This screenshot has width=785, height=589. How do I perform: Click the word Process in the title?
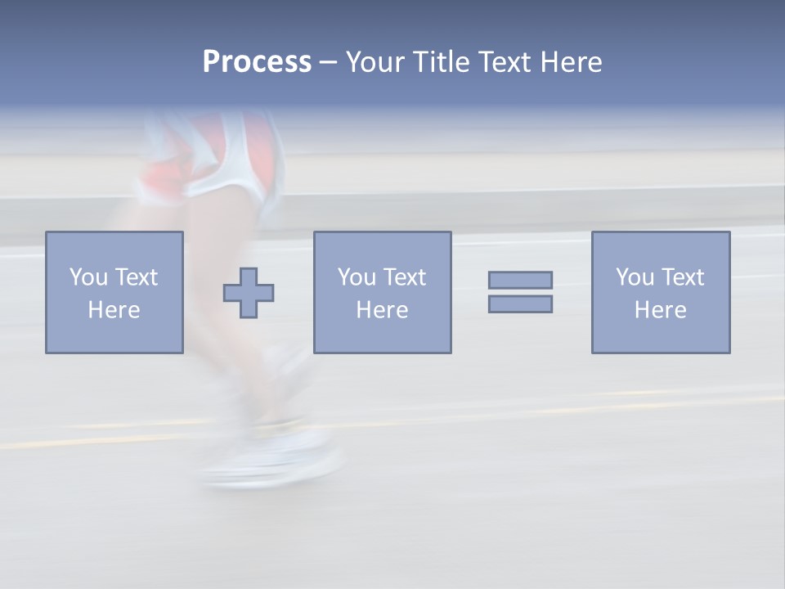coord(257,62)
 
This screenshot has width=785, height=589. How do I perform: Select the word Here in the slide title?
coord(572,62)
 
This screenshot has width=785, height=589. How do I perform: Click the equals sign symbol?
coord(520,292)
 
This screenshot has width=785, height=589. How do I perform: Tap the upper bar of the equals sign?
coord(520,280)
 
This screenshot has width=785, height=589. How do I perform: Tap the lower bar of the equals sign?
coord(520,303)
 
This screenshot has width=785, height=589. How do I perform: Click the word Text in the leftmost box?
coord(136,277)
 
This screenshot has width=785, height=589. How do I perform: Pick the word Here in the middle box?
coord(382,310)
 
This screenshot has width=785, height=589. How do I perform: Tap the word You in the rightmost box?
coord(635,277)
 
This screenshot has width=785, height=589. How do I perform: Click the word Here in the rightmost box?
coord(660,310)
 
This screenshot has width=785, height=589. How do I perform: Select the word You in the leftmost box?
coord(88,277)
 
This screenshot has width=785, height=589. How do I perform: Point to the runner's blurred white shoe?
coord(274,462)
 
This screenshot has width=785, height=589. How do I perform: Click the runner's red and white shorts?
coord(213,160)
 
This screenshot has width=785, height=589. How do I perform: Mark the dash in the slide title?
coord(328,62)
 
